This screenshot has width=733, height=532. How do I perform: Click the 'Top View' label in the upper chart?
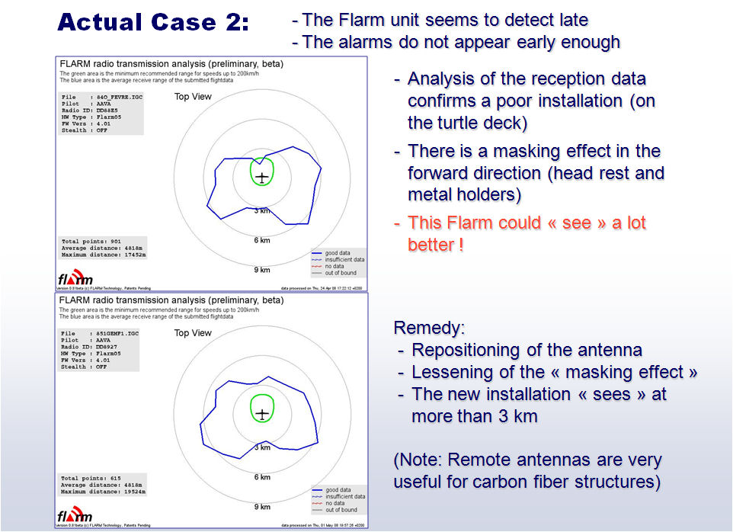193,97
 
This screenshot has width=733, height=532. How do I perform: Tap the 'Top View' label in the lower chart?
193,333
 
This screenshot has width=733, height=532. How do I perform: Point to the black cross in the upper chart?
262,178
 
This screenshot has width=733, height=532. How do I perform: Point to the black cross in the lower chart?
262,414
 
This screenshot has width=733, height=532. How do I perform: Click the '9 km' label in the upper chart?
262,270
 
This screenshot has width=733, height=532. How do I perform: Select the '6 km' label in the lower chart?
262,477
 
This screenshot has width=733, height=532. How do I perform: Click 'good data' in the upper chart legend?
341,253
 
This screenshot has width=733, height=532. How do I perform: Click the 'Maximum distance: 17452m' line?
104,255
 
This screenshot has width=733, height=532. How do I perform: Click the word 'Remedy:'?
429,328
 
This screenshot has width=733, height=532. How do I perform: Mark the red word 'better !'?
436,245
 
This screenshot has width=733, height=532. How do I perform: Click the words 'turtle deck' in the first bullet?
471,122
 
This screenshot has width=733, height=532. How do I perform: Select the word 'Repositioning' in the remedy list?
461,351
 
